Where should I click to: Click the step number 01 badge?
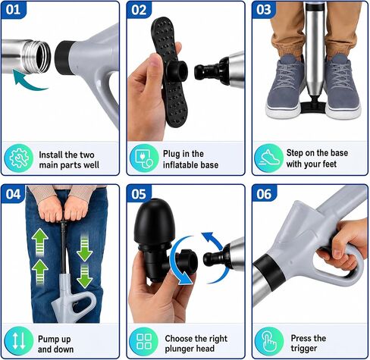coord(13,10)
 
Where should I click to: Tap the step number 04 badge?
coord(13,194)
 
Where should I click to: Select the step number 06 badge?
coord(264,194)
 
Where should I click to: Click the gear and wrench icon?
coord(19,158)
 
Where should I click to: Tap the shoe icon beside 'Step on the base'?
coord(269,158)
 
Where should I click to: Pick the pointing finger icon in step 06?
coord(269,342)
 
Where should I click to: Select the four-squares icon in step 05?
coord(143,342)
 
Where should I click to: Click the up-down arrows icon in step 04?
coord(19,341)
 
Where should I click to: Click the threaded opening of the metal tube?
coord(42,56)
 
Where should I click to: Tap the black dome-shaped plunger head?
coord(154,224)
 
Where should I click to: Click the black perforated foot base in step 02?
coord(169,72)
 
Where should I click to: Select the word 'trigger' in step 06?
coord(304,349)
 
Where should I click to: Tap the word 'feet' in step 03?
coord(328,164)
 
